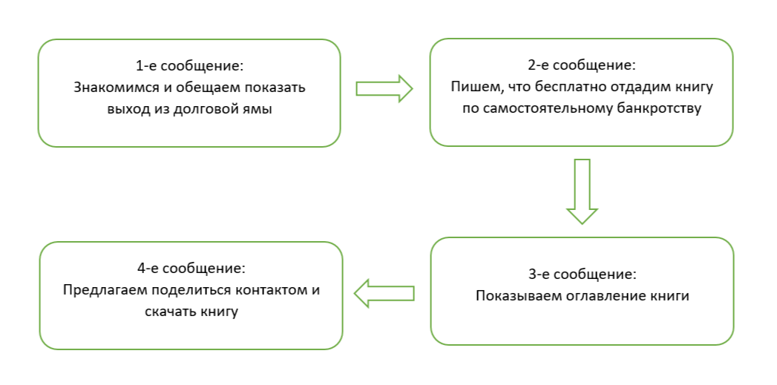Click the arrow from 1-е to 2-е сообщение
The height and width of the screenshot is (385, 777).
coord(384,88)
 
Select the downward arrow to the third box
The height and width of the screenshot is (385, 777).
coord(583,191)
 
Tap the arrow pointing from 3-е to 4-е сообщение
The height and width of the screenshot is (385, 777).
coord(384,293)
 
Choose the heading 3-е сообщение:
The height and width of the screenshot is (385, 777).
coord(582,274)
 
